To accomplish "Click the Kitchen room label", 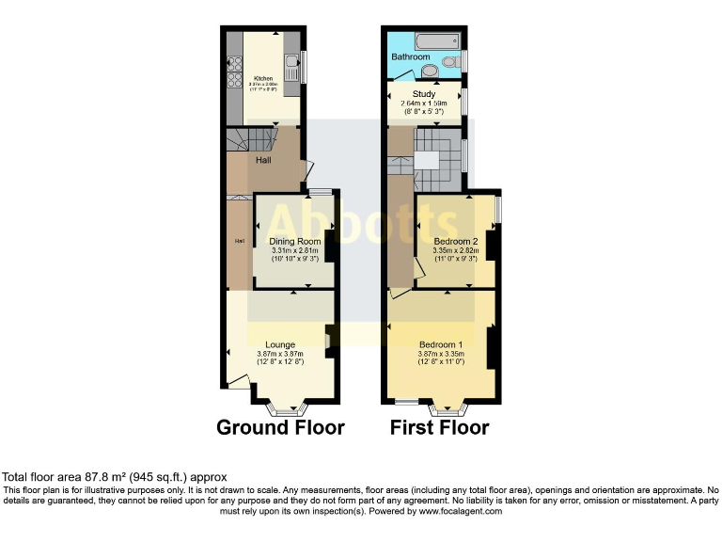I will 262,77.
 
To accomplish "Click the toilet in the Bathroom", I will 429,69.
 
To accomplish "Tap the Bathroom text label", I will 412,57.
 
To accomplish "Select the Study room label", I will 426,94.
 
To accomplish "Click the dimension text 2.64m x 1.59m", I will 426,103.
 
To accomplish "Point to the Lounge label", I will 280,344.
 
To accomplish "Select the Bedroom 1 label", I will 441,344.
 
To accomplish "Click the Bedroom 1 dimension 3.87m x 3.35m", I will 441,354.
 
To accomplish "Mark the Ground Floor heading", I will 280,428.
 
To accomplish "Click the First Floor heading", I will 440,428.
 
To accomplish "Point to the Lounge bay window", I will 283,408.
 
